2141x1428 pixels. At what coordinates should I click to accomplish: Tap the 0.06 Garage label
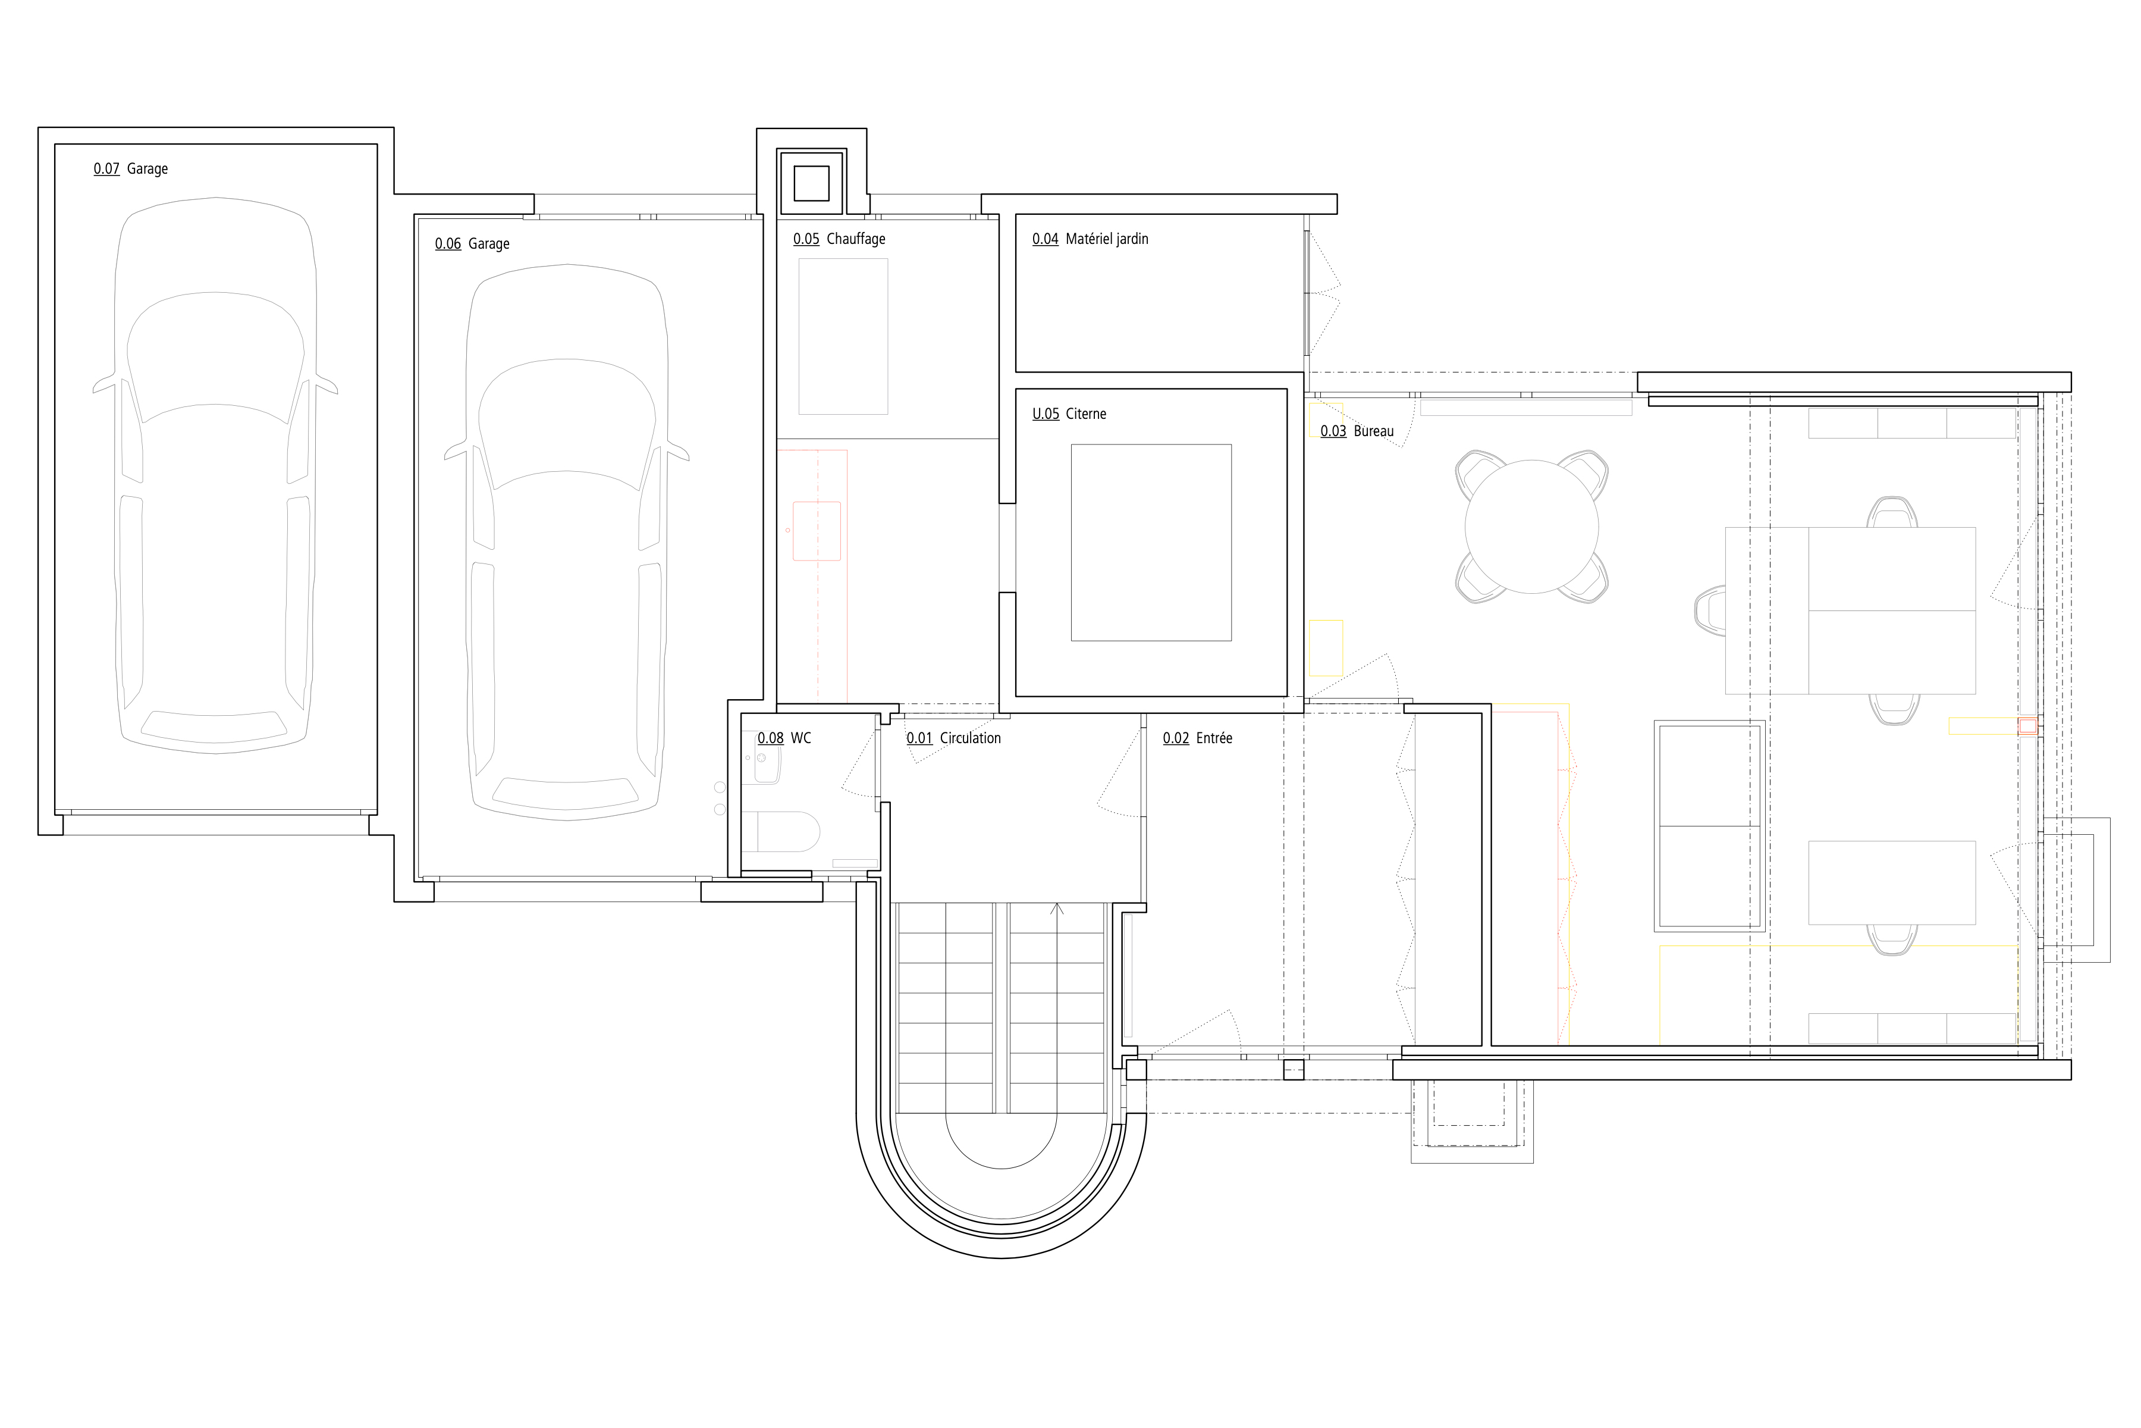[x=472, y=244]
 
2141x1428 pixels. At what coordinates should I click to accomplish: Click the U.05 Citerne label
[x=1069, y=414]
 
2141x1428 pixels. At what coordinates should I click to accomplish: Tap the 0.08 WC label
[x=784, y=738]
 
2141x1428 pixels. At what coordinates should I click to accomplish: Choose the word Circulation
[x=971, y=738]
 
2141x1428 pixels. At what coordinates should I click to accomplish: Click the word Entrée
[x=1214, y=738]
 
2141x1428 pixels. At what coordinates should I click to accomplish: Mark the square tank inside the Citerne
[x=1151, y=543]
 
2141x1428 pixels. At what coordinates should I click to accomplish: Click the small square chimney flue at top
[x=811, y=184]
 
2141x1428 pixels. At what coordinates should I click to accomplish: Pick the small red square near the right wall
[x=2027, y=726]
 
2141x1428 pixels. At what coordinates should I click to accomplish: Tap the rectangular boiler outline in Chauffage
[x=843, y=337]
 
